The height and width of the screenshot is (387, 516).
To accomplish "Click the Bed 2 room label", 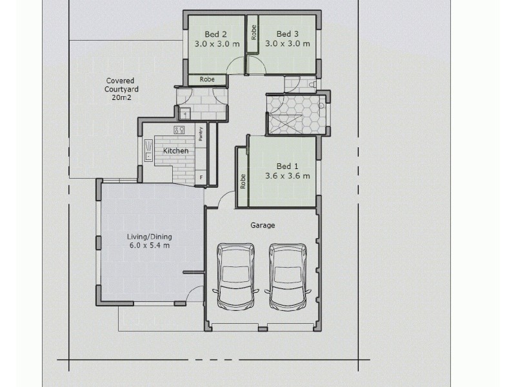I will coord(216,34).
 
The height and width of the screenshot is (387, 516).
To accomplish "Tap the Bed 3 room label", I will coord(288,34).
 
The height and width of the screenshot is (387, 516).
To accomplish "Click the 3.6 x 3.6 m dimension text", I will coord(287,175).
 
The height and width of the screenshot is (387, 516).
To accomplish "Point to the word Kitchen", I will coord(175,151).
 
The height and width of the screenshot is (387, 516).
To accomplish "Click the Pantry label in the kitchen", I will coord(201,134).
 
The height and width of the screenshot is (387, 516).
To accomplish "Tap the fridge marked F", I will coord(201,177).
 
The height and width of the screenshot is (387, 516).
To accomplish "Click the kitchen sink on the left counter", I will coord(148,152).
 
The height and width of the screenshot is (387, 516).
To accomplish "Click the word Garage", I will coord(263,226).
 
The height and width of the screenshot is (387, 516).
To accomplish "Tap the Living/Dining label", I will coord(148,236).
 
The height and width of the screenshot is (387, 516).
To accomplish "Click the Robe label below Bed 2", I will coord(207,79).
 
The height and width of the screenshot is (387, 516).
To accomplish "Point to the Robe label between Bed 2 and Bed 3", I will coord(254,33).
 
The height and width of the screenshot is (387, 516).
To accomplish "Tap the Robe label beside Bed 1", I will coord(243,181).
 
